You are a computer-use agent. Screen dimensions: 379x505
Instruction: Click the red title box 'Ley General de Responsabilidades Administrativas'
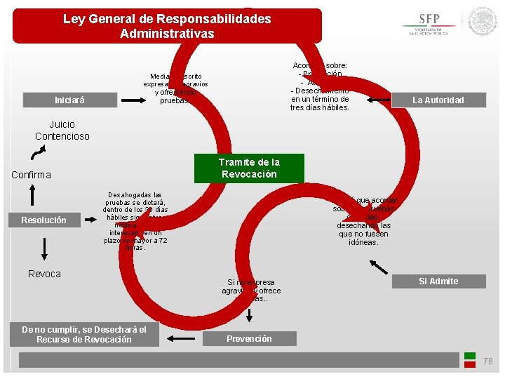[167, 26]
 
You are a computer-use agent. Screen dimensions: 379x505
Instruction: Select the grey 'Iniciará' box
[69, 100]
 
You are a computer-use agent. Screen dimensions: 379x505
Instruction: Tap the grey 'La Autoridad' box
[438, 100]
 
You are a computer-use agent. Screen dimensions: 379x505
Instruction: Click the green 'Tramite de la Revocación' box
[249, 168]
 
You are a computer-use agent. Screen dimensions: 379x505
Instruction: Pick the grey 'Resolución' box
[43, 220]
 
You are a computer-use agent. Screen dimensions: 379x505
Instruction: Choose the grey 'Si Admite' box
[438, 281]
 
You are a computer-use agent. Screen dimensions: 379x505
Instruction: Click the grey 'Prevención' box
[249, 338]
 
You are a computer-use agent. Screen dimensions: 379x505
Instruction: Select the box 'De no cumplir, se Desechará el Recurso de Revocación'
[84, 334]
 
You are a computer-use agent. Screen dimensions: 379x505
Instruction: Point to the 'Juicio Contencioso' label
[62, 131]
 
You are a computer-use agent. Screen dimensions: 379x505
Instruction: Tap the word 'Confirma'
[31, 175]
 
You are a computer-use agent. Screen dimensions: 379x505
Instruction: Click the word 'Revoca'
[44, 274]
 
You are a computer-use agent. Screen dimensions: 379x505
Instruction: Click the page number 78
[488, 361]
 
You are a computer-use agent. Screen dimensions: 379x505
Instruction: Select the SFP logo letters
[429, 19]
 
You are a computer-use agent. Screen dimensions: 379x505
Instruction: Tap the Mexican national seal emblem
[483, 22]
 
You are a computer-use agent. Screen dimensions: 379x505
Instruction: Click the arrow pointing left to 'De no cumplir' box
[181, 338]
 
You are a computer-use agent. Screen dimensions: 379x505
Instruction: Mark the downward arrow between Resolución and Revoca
[43, 248]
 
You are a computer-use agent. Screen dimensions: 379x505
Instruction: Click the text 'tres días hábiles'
[319, 107]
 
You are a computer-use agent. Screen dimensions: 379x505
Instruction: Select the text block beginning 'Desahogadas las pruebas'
[135, 221]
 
